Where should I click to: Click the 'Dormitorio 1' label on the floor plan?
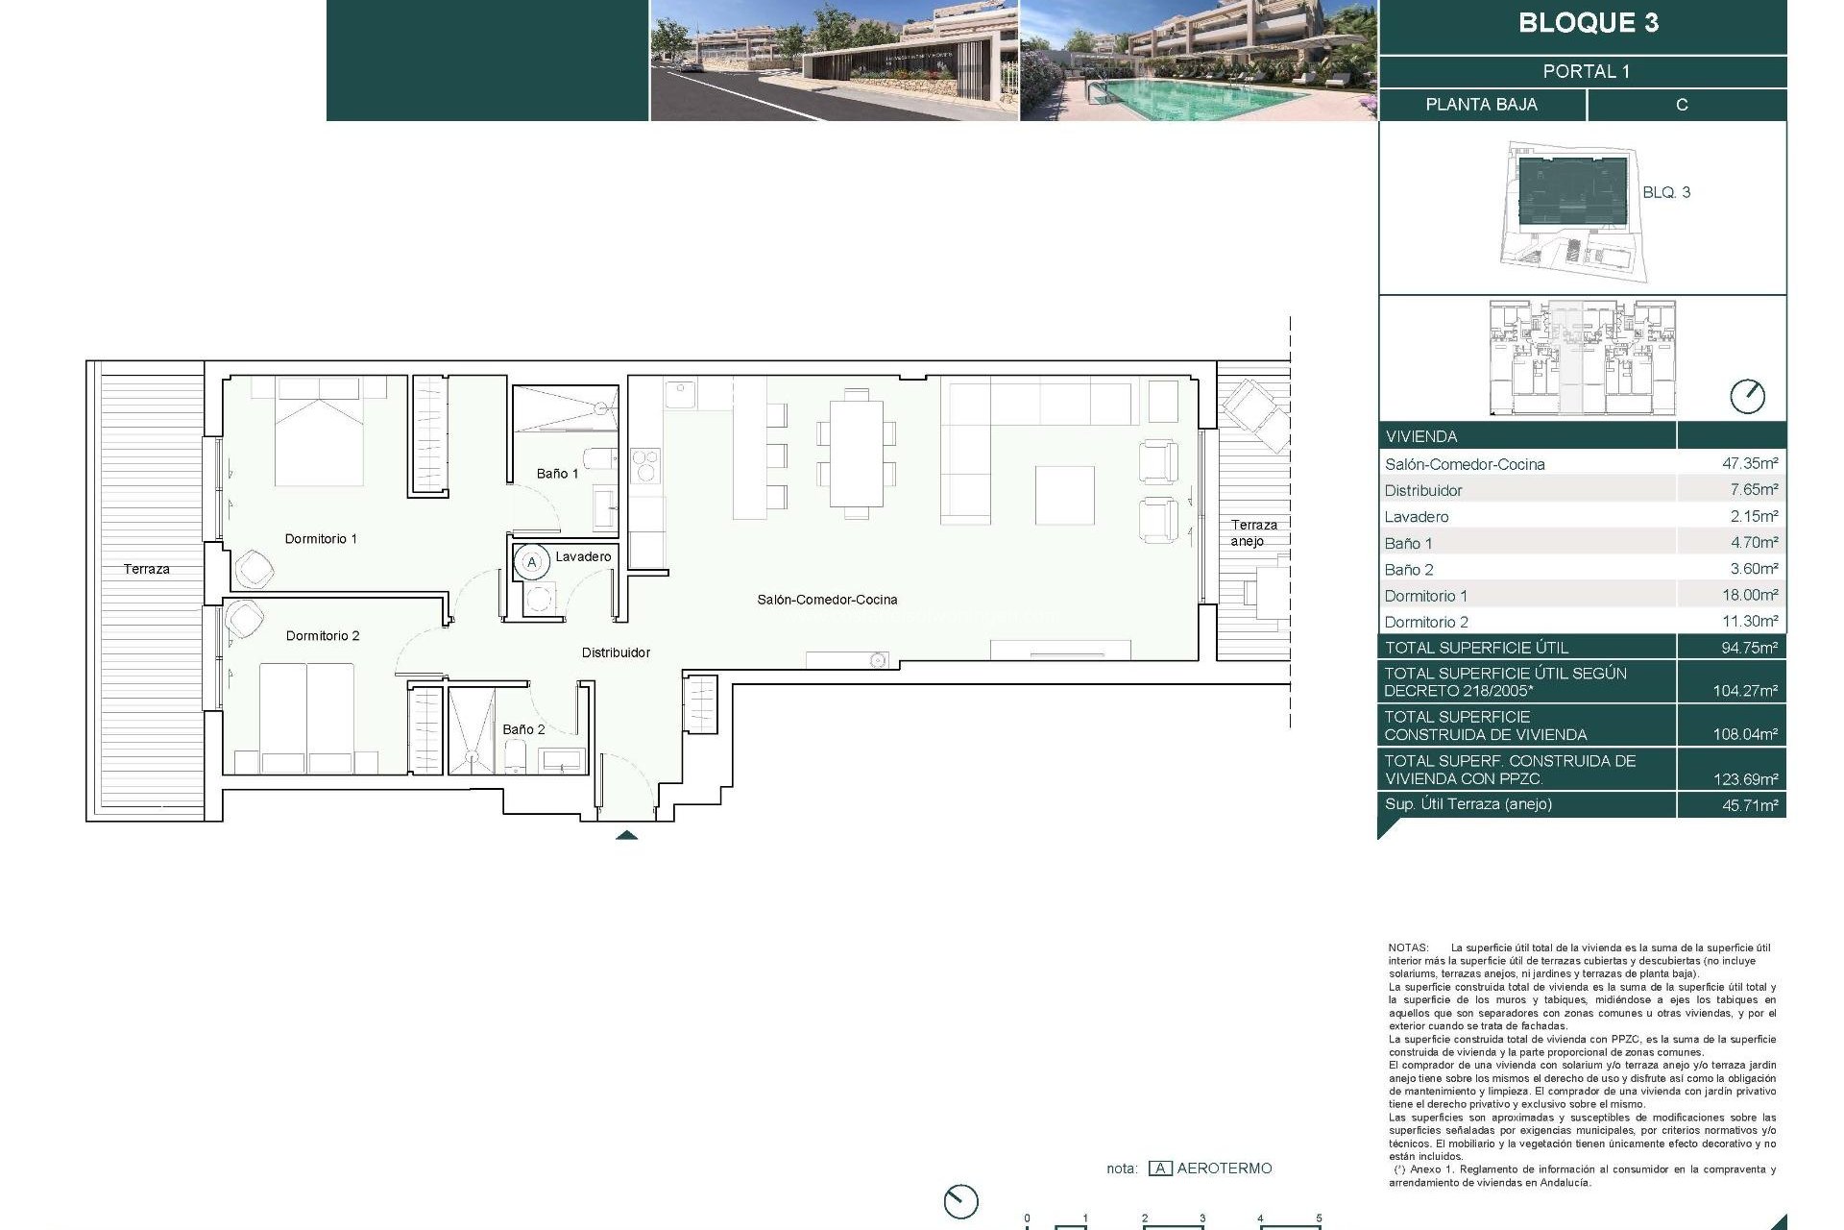point(321,539)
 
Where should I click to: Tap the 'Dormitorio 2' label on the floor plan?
point(323,636)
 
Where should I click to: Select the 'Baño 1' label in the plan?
point(557,474)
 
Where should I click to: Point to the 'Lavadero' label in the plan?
point(583,557)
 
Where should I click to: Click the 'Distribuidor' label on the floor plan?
point(616,653)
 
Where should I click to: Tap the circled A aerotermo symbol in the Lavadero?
point(532,562)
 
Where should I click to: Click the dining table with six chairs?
point(856,454)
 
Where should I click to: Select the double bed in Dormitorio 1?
point(319,432)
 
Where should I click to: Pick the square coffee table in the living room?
point(1065,495)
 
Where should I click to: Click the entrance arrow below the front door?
point(626,835)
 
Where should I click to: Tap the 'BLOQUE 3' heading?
point(1588,24)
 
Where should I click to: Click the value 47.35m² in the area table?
point(1749,464)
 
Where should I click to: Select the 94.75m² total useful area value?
point(1749,649)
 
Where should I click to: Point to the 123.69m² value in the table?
point(1745,779)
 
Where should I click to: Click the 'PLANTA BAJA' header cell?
point(1481,105)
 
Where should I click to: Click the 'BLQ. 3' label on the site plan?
point(1666,193)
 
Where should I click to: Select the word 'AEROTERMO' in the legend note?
point(1224,1168)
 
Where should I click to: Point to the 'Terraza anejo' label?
point(1253,533)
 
